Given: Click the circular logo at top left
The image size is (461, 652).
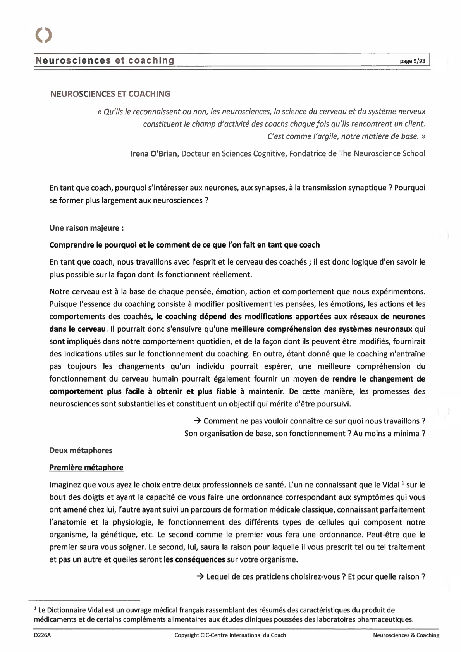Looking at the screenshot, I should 43,35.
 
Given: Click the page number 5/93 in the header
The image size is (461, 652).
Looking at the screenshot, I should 413,61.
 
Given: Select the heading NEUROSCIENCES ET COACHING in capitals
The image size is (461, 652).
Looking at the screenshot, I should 110,94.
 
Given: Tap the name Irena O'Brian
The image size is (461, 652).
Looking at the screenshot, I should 154,153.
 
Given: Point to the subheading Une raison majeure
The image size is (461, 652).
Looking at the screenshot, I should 86,228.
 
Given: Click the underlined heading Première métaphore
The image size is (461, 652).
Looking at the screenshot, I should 86,468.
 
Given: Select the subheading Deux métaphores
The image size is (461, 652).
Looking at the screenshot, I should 81,451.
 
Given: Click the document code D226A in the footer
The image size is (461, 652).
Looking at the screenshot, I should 42,635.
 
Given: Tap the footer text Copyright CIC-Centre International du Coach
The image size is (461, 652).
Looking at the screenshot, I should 230,635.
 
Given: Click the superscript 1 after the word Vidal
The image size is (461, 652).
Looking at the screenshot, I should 403,483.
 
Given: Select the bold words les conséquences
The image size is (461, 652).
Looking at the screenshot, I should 194,559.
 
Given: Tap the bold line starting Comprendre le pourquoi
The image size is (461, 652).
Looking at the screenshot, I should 184,245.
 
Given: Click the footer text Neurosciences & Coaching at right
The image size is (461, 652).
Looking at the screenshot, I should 406,635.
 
